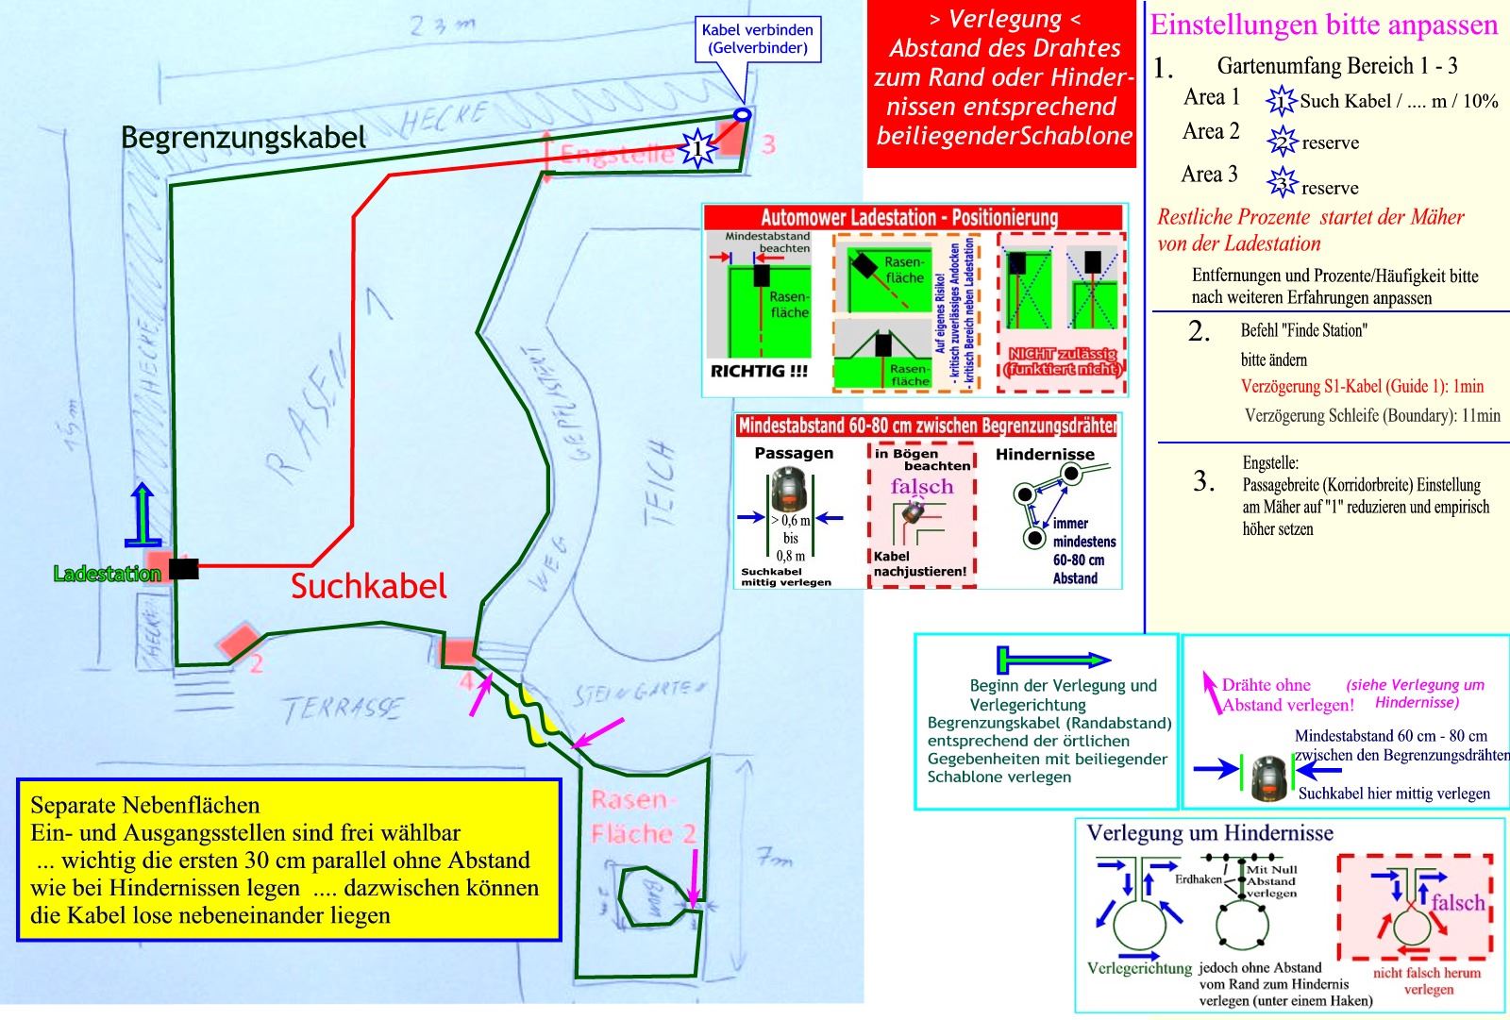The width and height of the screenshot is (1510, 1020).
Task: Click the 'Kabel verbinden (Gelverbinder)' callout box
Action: point(758,39)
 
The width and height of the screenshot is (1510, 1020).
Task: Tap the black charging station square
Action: point(184,568)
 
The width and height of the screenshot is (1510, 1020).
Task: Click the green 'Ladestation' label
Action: point(107,574)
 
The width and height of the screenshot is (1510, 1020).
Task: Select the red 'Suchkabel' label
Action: point(368,586)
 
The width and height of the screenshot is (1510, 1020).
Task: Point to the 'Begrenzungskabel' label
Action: point(243,138)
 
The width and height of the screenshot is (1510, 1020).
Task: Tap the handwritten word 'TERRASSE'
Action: point(342,709)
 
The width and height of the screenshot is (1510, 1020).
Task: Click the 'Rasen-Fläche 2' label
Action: point(643,817)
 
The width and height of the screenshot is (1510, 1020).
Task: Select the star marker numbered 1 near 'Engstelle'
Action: point(697,148)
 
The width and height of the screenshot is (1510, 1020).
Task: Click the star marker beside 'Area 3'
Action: point(1282,182)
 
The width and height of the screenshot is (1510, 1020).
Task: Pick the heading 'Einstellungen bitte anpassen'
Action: point(1323,25)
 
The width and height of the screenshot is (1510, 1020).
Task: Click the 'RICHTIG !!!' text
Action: point(758,372)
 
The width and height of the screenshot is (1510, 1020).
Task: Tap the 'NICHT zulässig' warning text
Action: point(1063,360)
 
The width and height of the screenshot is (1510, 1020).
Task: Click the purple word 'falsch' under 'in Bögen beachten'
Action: point(921,487)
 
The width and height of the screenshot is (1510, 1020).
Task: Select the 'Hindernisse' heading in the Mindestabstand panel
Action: point(1045,454)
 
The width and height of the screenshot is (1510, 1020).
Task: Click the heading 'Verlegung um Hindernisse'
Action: point(1210,833)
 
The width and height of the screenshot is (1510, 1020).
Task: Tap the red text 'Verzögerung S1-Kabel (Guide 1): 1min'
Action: point(1362,386)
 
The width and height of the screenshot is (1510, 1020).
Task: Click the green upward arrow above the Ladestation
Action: point(142,514)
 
